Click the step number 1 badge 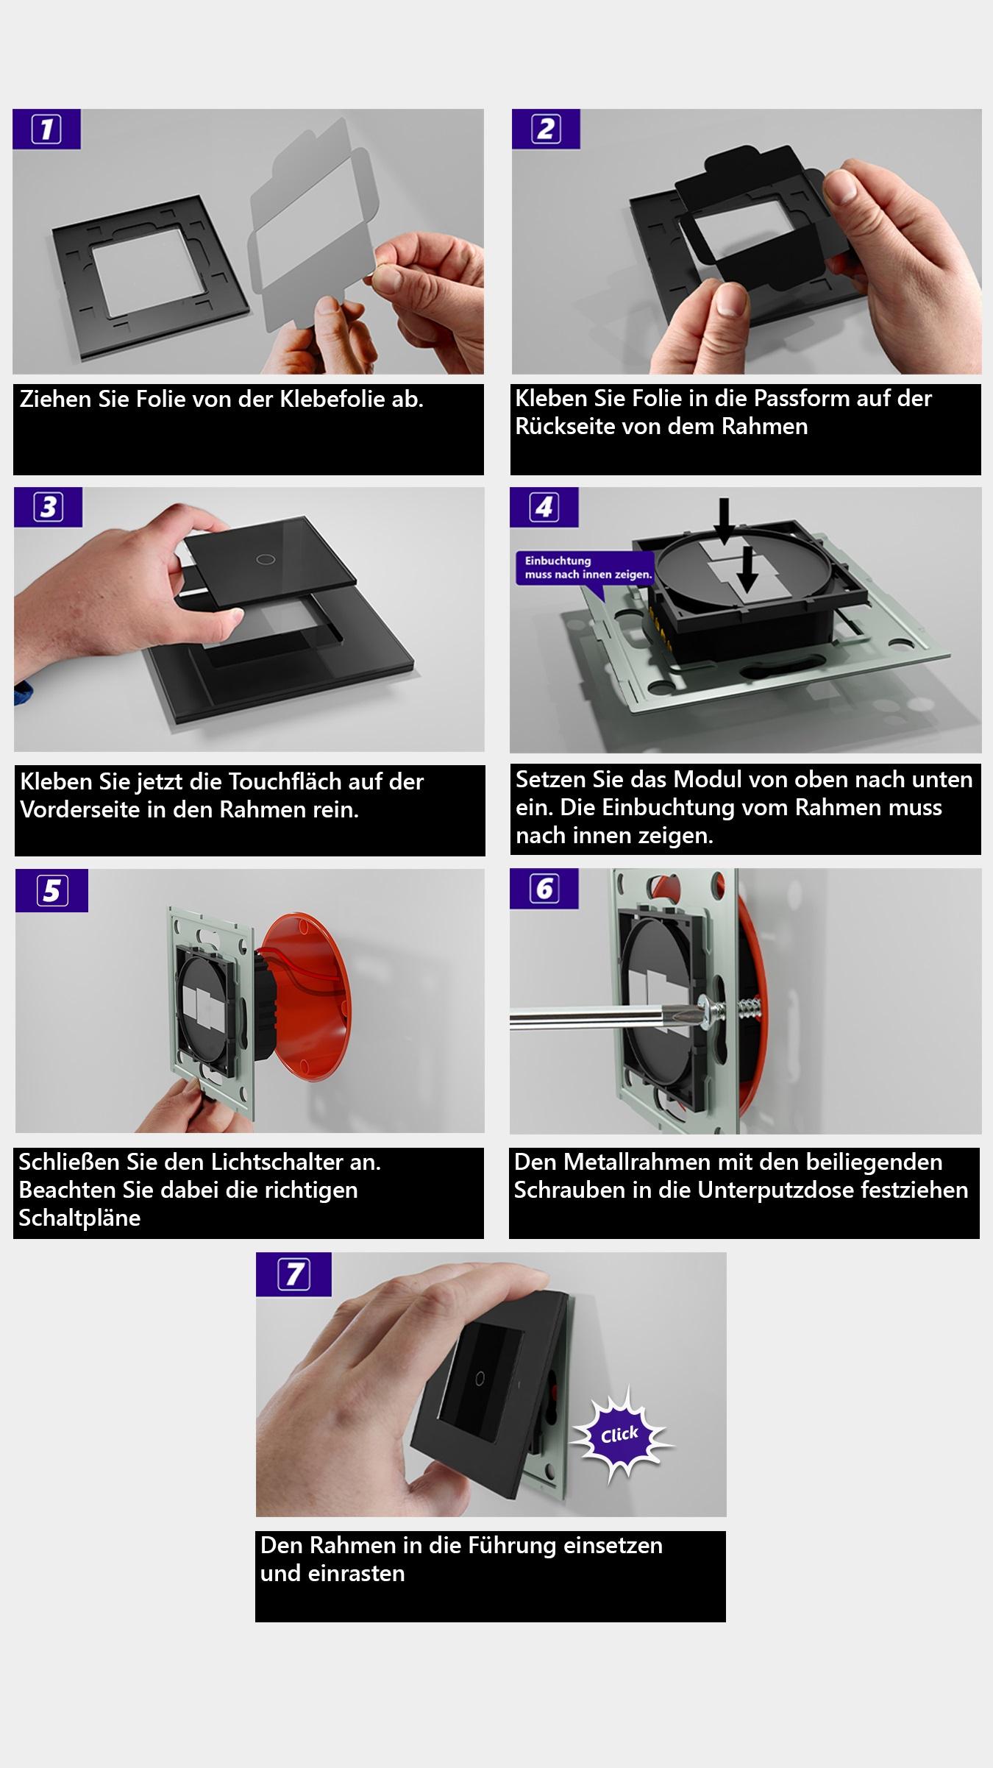(x=46, y=129)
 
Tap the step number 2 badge (x=546, y=129)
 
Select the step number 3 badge (x=48, y=507)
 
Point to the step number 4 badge (x=544, y=507)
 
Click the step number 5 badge (x=51, y=891)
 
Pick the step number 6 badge (x=544, y=889)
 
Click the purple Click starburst (x=619, y=1435)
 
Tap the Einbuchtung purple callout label (x=585, y=567)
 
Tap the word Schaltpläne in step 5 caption (x=79, y=1218)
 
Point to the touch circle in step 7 (x=480, y=1375)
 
